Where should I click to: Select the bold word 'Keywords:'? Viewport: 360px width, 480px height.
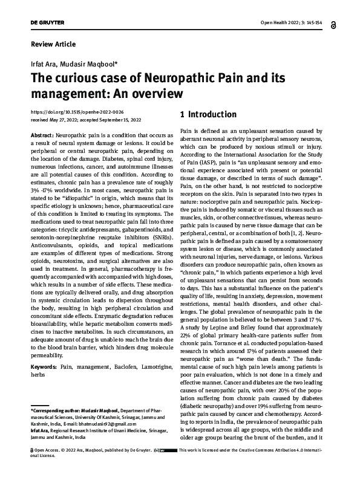[x=44, y=367]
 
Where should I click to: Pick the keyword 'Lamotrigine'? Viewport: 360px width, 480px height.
[x=152, y=367]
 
